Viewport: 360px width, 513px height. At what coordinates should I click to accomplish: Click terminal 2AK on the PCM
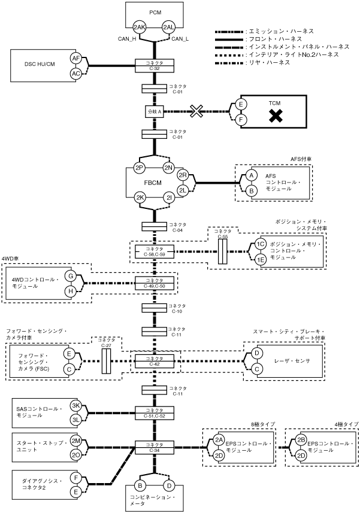[139, 27]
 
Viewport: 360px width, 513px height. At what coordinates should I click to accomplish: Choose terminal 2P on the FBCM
[140, 168]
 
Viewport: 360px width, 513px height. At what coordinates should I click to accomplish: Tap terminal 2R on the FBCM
[183, 175]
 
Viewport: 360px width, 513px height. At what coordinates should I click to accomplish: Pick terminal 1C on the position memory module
[260, 245]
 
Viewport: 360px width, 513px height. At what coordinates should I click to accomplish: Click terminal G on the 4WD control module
[71, 276]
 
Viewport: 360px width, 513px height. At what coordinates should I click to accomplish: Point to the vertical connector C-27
[107, 362]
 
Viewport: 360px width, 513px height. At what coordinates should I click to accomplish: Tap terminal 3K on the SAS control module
[76, 405]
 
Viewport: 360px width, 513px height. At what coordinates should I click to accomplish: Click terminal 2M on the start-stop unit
[76, 441]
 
